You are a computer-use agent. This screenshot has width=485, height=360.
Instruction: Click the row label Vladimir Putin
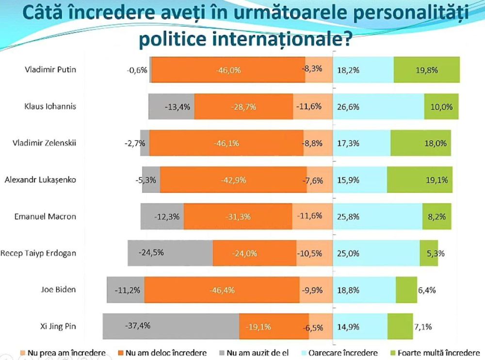pyautogui.click(x=50, y=69)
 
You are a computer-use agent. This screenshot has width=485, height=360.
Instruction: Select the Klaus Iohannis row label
pyautogui.click(x=50, y=106)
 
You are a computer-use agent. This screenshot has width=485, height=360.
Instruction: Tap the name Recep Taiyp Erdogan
pyautogui.click(x=38, y=253)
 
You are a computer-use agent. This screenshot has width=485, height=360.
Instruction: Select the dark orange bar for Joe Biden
pyautogui.click(x=222, y=290)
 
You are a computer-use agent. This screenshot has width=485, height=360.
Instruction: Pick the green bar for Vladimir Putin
pyautogui.click(x=426, y=70)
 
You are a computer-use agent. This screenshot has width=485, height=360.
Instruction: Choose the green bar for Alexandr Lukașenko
pyautogui.click(x=419, y=180)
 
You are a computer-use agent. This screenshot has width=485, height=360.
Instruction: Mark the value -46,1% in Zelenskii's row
pyautogui.click(x=226, y=143)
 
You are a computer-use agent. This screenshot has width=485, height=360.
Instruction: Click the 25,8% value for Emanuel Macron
pyautogui.click(x=348, y=216)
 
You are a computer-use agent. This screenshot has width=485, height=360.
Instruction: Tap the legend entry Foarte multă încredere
pyautogui.click(x=437, y=353)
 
